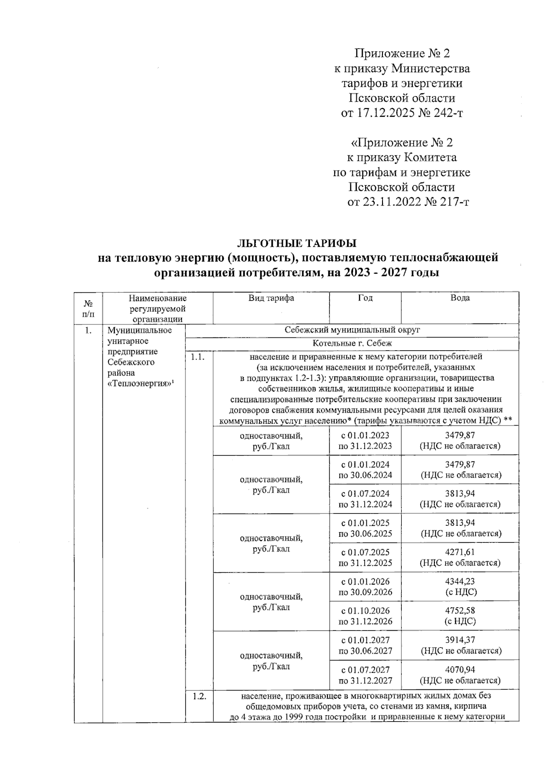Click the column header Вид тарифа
271,298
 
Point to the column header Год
365,298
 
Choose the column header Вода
460,298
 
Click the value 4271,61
460,552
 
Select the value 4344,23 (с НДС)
460,587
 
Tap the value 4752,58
460,611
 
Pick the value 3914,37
460,640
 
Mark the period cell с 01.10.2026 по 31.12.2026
365,616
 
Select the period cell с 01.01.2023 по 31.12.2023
365,440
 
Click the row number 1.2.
198,697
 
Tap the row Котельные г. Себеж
352,344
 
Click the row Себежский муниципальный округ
352,330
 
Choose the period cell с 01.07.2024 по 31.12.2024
365,499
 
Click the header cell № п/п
88,308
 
